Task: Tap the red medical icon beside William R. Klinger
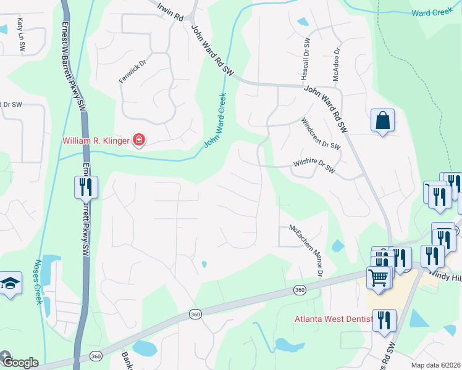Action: (x=139, y=141)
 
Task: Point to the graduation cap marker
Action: (x=10, y=284)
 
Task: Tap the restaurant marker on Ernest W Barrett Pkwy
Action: (x=86, y=187)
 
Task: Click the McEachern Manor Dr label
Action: (x=307, y=249)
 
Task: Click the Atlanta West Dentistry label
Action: (x=334, y=319)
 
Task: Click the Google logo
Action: (x=20, y=362)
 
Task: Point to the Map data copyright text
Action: (x=436, y=365)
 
